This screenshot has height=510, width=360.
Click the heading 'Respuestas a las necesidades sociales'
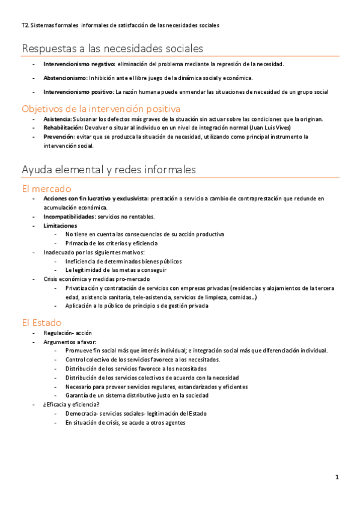[x=112, y=48]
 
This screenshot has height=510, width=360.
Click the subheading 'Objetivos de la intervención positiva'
[x=101, y=109]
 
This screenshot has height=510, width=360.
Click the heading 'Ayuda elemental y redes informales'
[x=108, y=170]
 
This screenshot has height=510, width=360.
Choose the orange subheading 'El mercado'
[x=46, y=188]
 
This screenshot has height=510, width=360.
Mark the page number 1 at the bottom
[x=337, y=477]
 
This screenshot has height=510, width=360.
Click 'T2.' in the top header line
[x=25, y=26]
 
